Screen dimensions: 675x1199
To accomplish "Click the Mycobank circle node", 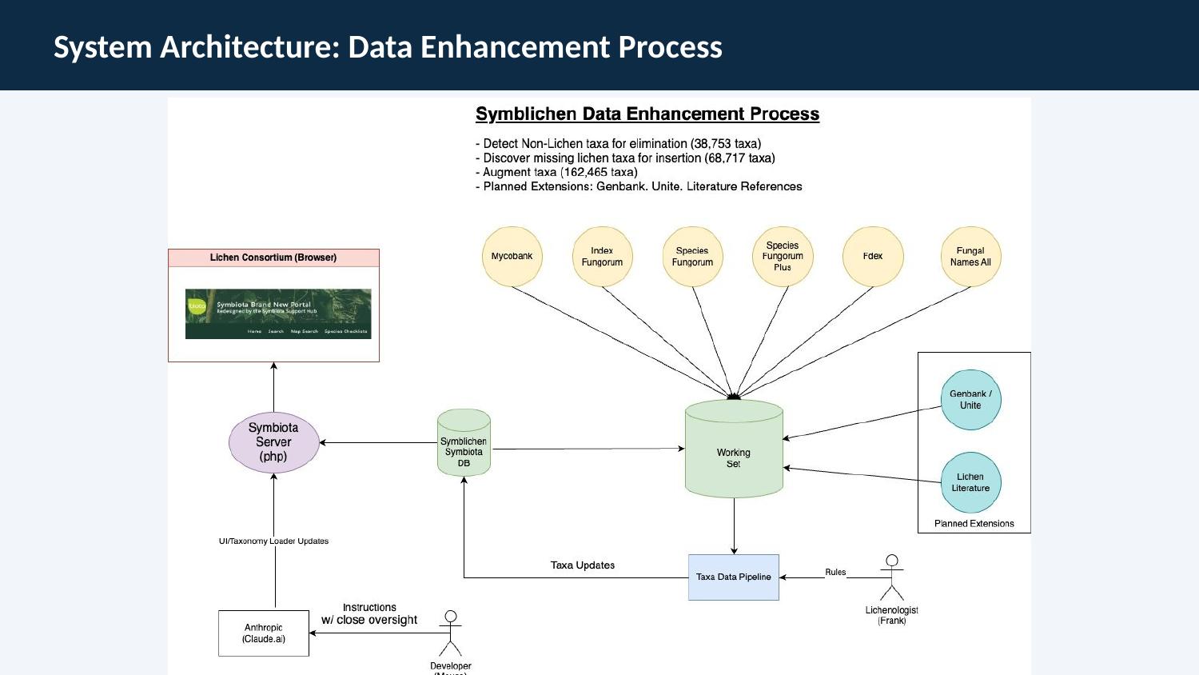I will [x=512, y=257].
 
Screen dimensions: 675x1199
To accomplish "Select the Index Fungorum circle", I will [x=602, y=257].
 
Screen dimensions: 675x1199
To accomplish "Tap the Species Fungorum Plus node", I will [x=783, y=257].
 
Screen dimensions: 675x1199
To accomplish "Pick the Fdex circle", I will [x=873, y=257].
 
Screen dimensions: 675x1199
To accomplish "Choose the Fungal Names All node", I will [x=970, y=257].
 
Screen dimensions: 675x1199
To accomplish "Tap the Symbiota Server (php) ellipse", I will [x=273, y=442].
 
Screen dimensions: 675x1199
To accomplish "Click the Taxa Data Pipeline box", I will [x=733, y=577].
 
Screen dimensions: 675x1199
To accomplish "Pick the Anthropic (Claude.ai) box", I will [x=264, y=633].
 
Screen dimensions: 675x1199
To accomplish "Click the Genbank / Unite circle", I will [x=970, y=400].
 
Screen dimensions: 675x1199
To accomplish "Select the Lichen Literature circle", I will [x=970, y=482].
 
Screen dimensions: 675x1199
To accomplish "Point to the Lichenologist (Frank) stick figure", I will [x=892, y=577].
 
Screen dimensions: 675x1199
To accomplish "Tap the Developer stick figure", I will [x=451, y=633].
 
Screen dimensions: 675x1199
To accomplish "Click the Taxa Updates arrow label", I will [x=583, y=565].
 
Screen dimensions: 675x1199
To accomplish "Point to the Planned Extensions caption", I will [x=974, y=524].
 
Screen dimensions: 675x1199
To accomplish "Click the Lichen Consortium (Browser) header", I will [x=273, y=258].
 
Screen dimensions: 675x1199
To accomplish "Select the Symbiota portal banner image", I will [x=278, y=314].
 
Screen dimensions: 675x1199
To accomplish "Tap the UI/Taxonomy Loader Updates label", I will [x=273, y=541].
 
